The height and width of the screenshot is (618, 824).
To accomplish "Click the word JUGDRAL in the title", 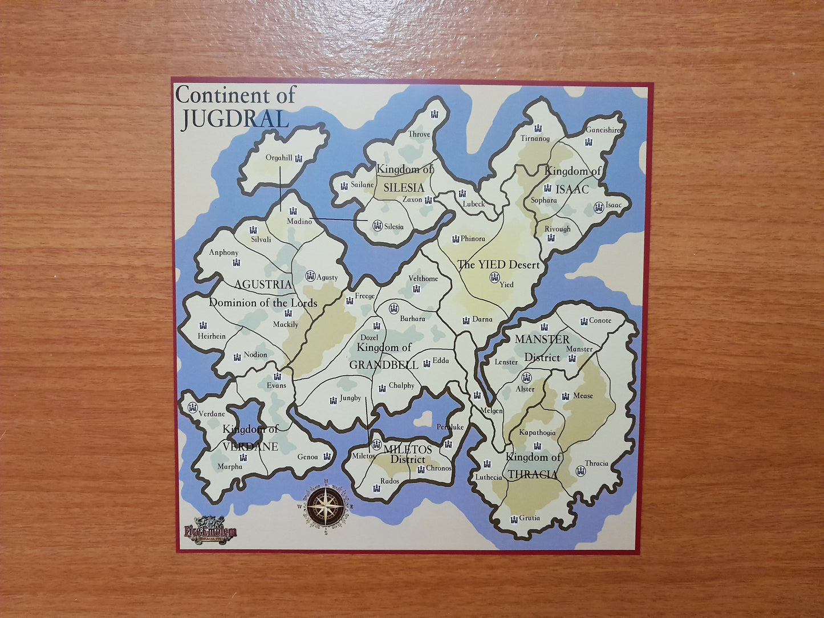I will pos(235,118).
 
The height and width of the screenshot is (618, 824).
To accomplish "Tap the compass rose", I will pos(326,505).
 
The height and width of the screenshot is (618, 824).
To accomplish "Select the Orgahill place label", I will pos(279,158).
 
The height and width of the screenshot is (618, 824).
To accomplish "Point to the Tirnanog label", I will pos(535,139).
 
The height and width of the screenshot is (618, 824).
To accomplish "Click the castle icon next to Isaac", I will pos(599,208).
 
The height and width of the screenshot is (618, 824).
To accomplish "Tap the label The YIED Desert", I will pos(498,265).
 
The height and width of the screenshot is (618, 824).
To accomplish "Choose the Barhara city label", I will pos(412,319).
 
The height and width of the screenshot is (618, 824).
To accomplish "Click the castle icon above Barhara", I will pos(394,308).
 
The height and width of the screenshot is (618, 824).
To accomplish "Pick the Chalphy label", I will pos(401,385).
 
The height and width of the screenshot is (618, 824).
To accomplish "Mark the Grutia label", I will pos(529,518).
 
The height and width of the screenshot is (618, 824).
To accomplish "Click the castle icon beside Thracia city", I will pos(581,471).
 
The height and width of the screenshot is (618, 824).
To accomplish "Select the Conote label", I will pos(600,320).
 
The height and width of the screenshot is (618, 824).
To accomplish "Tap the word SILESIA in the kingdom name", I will pos(404,188).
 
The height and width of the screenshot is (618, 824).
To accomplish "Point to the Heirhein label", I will pos(212,336).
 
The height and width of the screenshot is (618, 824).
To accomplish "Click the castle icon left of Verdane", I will pos(192,407).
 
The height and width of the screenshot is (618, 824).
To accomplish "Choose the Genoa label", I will pos(307,457).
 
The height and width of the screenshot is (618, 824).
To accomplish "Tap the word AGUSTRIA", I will pos(263,284).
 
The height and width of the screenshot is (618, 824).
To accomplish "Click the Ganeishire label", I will pos(603,130).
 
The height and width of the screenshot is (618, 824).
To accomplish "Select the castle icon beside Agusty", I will pos(310,276).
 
